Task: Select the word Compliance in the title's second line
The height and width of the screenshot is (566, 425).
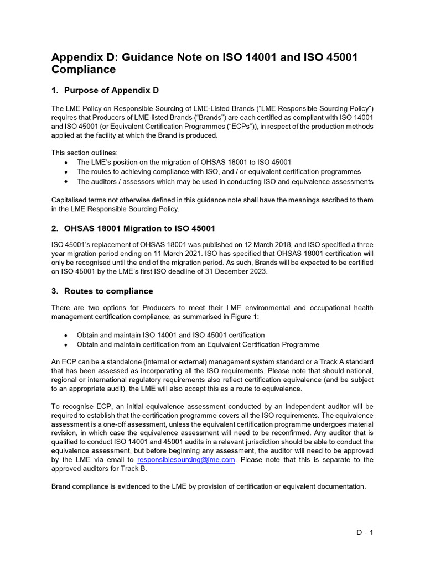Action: pyautogui.click(x=84, y=70)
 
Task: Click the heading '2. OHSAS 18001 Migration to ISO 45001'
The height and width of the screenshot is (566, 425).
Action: pyautogui.click(x=133, y=228)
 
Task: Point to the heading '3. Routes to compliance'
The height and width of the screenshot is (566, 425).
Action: pyautogui.click(x=102, y=291)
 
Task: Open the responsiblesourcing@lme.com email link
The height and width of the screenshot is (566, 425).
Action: pyautogui.click(x=186, y=459)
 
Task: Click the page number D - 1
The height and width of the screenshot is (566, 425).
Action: pyautogui.click(x=365, y=533)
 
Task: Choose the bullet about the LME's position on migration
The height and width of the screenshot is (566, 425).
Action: pyautogui.click(x=184, y=162)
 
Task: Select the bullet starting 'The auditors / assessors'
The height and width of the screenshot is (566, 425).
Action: pyautogui.click(x=225, y=181)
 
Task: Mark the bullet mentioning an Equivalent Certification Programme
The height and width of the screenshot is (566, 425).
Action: pyautogui.click(x=198, y=344)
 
